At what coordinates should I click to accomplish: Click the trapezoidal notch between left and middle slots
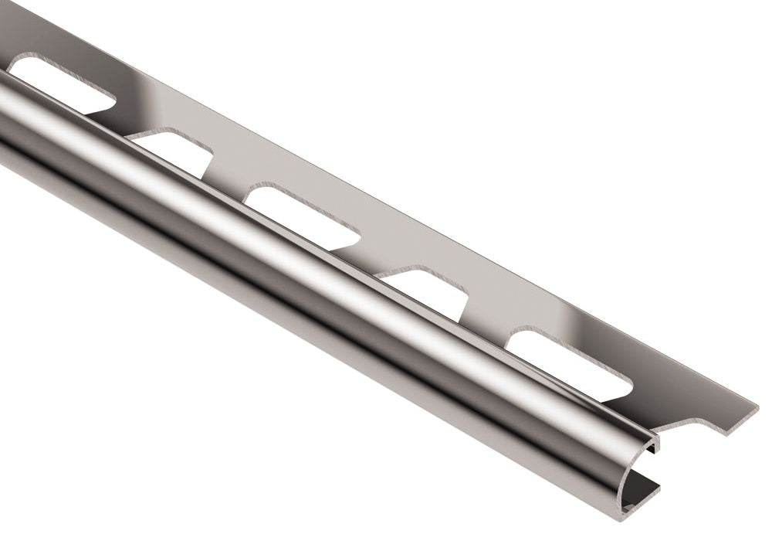174,151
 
